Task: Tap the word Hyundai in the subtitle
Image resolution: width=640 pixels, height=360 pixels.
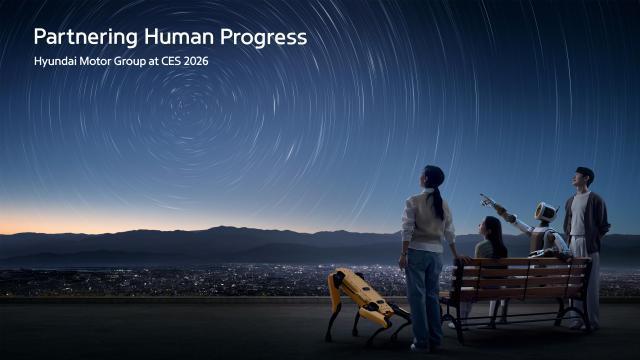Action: tap(54, 62)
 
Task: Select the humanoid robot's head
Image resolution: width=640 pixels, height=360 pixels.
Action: tap(546, 212)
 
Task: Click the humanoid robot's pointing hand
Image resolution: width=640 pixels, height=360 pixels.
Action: tap(487, 199)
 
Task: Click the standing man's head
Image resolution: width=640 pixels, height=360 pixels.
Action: tap(584, 177)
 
